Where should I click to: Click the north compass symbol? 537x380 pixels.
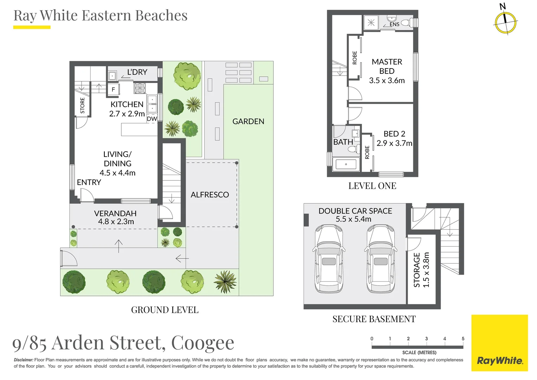pyautogui.click(x=505, y=22)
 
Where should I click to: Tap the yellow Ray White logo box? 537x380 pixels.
pyautogui.click(x=499, y=343)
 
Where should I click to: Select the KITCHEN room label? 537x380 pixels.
pyautogui.click(x=127, y=104)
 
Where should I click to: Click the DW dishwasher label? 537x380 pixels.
pyautogui.click(x=152, y=119)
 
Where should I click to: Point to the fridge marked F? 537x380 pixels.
pyautogui.click(x=113, y=89)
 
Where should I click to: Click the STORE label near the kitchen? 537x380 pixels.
pyautogui.click(x=83, y=106)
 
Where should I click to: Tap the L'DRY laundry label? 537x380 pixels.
pyautogui.click(x=137, y=72)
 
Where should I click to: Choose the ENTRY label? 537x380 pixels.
pyautogui.click(x=89, y=182)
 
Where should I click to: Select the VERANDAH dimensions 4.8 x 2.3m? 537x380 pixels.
pyautogui.click(x=116, y=222)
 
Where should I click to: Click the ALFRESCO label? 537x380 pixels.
pyautogui.click(x=210, y=195)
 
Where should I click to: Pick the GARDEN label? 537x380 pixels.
pyautogui.click(x=248, y=121)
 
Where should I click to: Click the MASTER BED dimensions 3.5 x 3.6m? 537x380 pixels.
pyautogui.click(x=387, y=81)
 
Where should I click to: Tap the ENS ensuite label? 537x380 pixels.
pyautogui.click(x=394, y=24)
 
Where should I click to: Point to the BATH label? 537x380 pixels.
pyautogui.click(x=343, y=142)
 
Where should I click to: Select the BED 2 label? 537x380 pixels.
pyautogui.click(x=394, y=134)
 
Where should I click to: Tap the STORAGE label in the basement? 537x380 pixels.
pyautogui.click(x=417, y=270)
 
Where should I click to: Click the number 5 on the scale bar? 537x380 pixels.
pyautogui.click(x=463, y=338)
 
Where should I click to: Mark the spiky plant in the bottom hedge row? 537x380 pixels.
pyautogui.click(x=225, y=281)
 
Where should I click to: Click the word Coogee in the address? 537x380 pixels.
pyautogui.click(x=202, y=343)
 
